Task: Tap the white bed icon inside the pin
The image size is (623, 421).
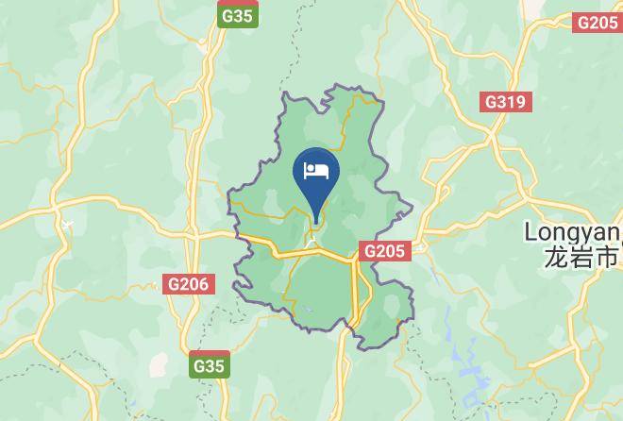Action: (316, 171)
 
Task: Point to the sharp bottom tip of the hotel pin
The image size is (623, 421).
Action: (316, 224)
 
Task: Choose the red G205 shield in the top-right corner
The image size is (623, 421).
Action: (597, 23)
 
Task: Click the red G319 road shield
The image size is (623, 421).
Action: (506, 102)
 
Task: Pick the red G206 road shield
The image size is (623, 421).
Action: (189, 283)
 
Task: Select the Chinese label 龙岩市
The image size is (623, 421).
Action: (581, 256)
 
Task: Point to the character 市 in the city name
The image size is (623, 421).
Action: (607, 256)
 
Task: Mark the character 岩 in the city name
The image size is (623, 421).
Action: (581, 256)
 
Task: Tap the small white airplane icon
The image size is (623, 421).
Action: (65, 223)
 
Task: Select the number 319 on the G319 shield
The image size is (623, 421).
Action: (512, 102)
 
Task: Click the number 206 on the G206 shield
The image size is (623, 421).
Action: (194, 283)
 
